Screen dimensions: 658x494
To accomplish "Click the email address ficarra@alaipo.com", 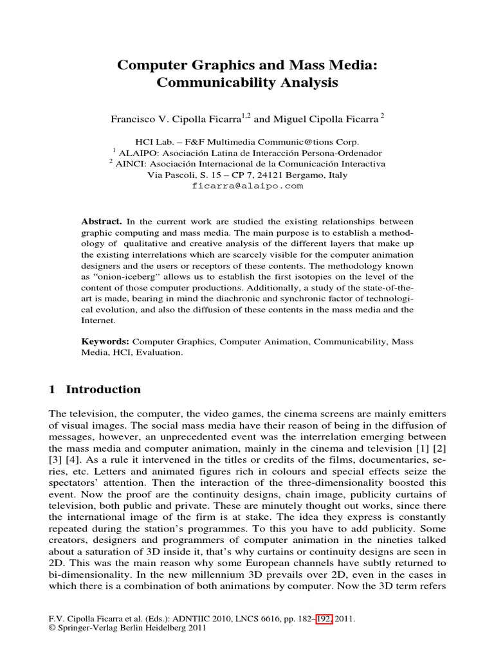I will [247, 186].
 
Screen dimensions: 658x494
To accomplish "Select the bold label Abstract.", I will [101, 221].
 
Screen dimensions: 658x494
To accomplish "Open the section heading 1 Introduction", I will [95, 389].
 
